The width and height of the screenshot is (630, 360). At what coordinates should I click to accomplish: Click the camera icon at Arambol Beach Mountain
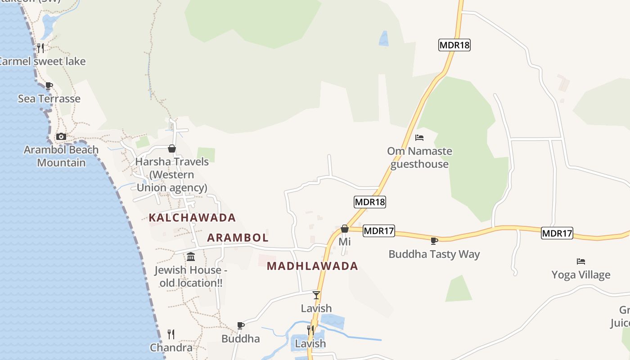click(x=61, y=136)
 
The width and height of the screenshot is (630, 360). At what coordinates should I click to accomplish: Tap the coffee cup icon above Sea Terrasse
click(x=49, y=85)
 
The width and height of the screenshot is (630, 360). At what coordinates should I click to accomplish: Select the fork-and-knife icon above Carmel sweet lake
click(x=40, y=48)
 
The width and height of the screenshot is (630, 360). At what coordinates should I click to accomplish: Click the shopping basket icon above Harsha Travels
click(x=171, y=148)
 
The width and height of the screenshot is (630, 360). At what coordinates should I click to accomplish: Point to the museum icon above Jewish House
click(x=191, y=257)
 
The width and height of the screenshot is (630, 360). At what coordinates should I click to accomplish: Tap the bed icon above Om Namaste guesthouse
click(x=419, y=138)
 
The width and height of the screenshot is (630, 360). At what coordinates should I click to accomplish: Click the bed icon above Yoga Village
click(x=581, y=261)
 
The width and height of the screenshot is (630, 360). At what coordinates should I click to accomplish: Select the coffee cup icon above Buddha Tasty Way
click(x=434, y=241)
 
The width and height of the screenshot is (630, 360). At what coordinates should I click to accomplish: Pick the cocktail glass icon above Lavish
click(x=316, y=295)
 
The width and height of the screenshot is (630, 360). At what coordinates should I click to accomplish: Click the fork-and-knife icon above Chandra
click(x=171, y=334)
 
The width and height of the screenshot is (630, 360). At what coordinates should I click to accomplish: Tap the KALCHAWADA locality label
click(x=192, y=218)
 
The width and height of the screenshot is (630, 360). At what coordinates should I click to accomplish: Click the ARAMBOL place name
click(x=238, y=238)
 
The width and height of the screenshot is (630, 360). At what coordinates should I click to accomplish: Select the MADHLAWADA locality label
click(x=312, y=266)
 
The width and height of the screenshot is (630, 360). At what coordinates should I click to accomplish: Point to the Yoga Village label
click(x=581, y=275)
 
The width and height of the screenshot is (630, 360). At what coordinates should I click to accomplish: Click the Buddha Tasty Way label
click(x=434, y=254)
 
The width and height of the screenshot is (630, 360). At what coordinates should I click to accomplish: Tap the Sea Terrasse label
click(x=49, y=99)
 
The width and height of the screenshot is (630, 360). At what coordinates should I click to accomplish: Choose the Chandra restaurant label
click(x=171, y=348)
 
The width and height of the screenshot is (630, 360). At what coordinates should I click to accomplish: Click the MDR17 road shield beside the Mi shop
click(x=378, y=231)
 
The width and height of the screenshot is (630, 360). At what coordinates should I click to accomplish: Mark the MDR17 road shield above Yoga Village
click(x=557, y=233)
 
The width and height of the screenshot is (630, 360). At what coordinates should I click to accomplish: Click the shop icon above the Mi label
click(x=345, y=229)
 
